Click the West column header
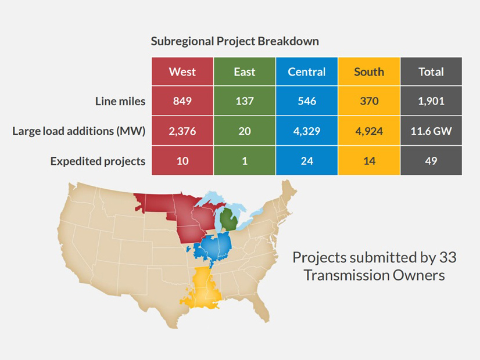coord(182,72)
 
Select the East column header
coord(245,72)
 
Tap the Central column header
coord(307,72)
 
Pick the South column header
coord(369,72)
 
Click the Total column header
coord(431,72)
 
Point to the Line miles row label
coord(120,101)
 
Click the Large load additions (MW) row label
coord(79,131)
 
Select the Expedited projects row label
coord(98,161)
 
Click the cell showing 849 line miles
coord(182,101)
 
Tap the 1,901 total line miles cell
coord(431,101)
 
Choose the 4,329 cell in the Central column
coord(307,131)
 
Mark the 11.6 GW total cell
coord(431,131)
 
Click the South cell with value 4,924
coord(369,131)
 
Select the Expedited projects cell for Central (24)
coord(307,161)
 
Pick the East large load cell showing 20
coord(245,131)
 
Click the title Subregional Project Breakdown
coord(235,42)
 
